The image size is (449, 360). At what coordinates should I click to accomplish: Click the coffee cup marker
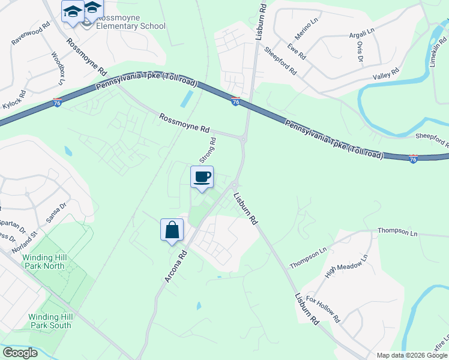[202, 177]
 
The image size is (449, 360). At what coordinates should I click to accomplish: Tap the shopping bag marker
[172, 230]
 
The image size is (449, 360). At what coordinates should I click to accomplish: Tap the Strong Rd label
[206, 150]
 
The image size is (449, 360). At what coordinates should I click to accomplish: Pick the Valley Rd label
[386, 74]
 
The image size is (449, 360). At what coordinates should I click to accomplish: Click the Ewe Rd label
[297, 52]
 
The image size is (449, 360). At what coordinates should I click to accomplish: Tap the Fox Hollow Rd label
[323, 308]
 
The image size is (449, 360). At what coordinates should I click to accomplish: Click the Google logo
[20, 353]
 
